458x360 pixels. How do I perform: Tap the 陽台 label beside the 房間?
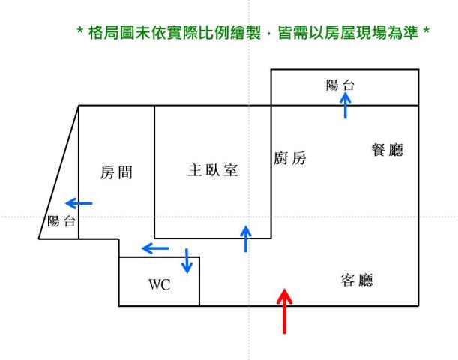[61, 221]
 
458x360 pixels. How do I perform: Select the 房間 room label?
[116, 174]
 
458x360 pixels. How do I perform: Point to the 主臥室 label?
[213, 170]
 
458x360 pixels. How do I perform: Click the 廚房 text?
[290, 158]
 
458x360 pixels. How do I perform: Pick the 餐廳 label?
[388, 150]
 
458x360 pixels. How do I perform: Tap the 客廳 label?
[357, 280]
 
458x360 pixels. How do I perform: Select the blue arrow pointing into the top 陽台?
[345, 106]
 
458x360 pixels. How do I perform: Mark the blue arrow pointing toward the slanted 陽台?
[79, 202]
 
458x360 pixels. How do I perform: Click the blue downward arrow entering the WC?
[187, 261]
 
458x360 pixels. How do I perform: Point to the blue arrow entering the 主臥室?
[246, 238]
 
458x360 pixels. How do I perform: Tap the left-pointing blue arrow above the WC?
[155, 248]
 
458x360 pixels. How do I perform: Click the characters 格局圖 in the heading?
[108, 34]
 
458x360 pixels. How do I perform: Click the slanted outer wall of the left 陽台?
[59, 172]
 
